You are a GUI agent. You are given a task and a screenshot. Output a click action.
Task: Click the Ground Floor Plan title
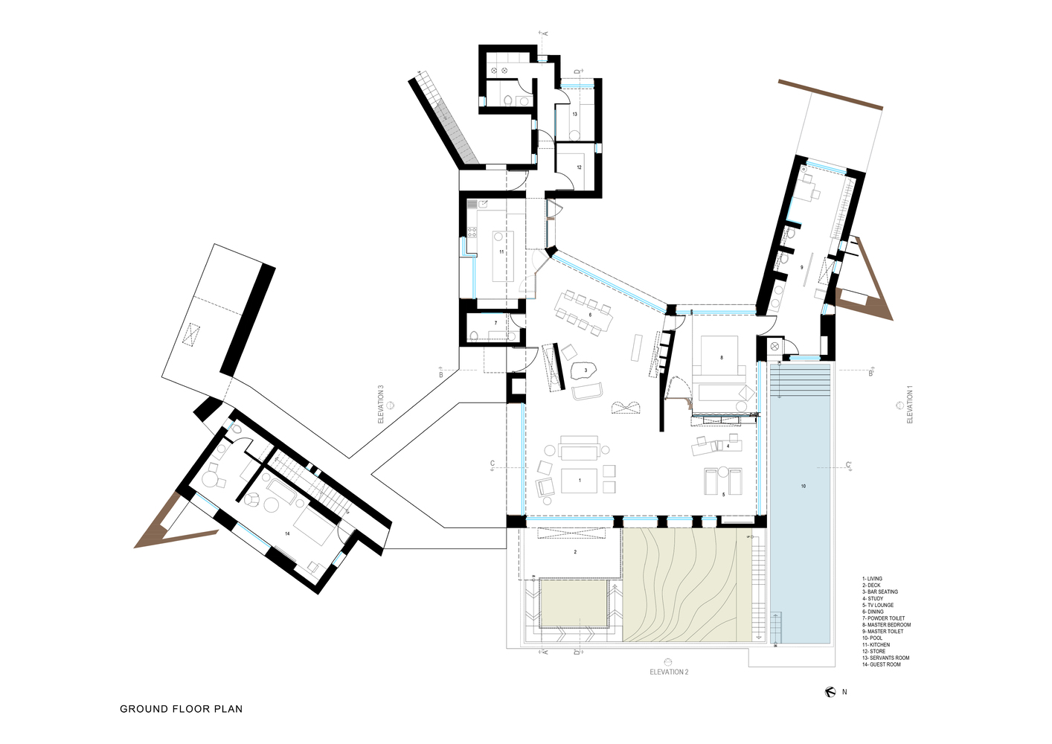click(x=181, y=709)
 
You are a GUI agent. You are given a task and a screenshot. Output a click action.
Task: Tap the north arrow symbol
click(x=830, y=692)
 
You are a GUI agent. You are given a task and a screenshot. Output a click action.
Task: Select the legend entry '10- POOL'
click(x=872, y=638)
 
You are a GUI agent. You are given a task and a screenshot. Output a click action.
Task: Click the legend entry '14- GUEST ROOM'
click(x=881, y=664)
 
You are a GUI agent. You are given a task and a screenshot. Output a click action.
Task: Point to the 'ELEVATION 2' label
click(x=669, y=672)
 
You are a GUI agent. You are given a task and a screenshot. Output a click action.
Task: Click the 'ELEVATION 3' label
click(x=381, y=404)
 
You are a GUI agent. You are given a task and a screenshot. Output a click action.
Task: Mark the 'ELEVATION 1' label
click(x=909, y=405)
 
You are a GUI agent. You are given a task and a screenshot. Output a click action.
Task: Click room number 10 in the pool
click(x=804, y=486)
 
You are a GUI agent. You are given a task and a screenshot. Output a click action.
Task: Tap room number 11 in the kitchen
click(x=501, y=252)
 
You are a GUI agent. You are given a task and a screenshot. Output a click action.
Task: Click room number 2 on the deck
click(x=575, y=552)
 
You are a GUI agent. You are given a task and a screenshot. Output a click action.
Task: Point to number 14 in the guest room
click(x=287, y=533)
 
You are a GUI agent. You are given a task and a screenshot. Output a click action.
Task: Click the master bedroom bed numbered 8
click(x=721, y=358)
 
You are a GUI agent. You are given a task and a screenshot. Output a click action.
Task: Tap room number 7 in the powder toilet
click(x=495, y=323)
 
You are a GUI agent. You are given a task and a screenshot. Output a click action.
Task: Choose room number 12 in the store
click(x=579, y=167)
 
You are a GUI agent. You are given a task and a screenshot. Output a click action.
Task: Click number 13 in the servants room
click(x=574, y=114)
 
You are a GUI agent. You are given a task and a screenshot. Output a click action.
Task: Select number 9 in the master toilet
click(x=801, y=266)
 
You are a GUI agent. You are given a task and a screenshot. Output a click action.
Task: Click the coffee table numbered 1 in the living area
click(x=580, y=480)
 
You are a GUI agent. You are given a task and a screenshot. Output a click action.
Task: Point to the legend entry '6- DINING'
click(x=873, y=612)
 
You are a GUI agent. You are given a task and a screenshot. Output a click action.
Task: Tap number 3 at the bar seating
click(x=586, y=370)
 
